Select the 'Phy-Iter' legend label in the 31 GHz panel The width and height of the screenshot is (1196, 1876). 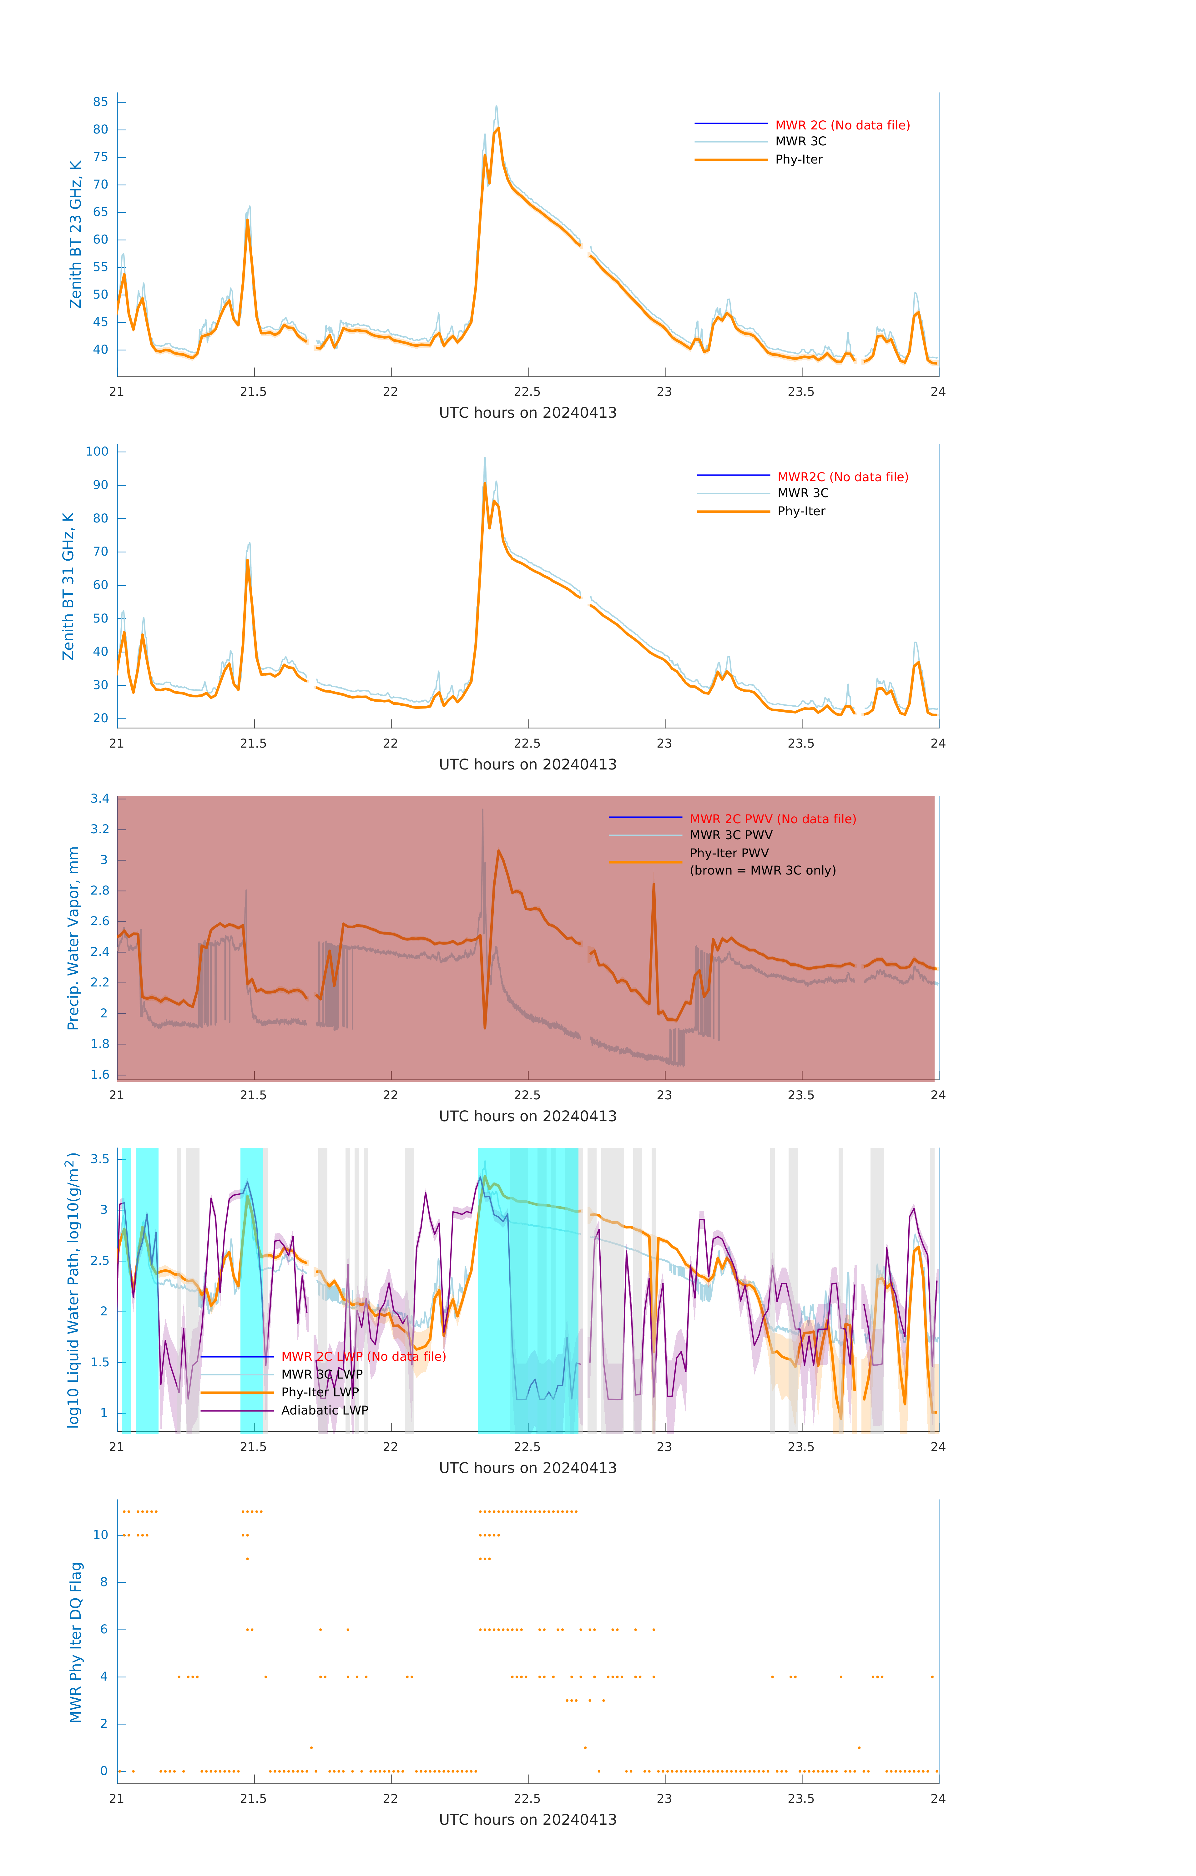click(x=801, y=511)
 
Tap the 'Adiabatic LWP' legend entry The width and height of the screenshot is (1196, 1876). click(x=324, y=1410)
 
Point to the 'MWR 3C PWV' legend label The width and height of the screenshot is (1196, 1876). click(x=731, y=835)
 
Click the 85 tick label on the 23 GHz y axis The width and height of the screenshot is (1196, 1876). click(x=100, y=102)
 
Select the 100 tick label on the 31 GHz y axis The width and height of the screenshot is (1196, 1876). click(x=97, y=452)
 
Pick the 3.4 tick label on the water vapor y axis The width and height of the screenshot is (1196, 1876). click(x=100, y=799)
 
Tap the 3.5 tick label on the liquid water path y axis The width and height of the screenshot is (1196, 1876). click(x=100, y=1159)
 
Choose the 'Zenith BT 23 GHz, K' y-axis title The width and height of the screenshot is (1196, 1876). click(x=76, y=234)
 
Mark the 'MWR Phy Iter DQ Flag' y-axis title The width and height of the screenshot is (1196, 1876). click(x=76, y=1641)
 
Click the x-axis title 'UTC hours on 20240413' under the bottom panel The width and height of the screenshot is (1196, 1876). click(x=527, y=1820)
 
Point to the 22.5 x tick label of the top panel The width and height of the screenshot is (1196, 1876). click(x=527, y=392)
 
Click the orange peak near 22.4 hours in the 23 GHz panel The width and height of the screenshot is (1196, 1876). click(x=498, y=129)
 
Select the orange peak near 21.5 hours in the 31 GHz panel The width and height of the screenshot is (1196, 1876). click(x=248, y=559)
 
